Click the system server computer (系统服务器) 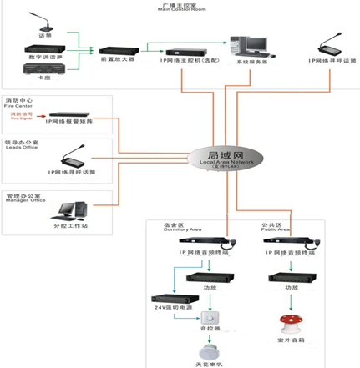[248, 46]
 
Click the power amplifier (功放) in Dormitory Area [205, 277]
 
